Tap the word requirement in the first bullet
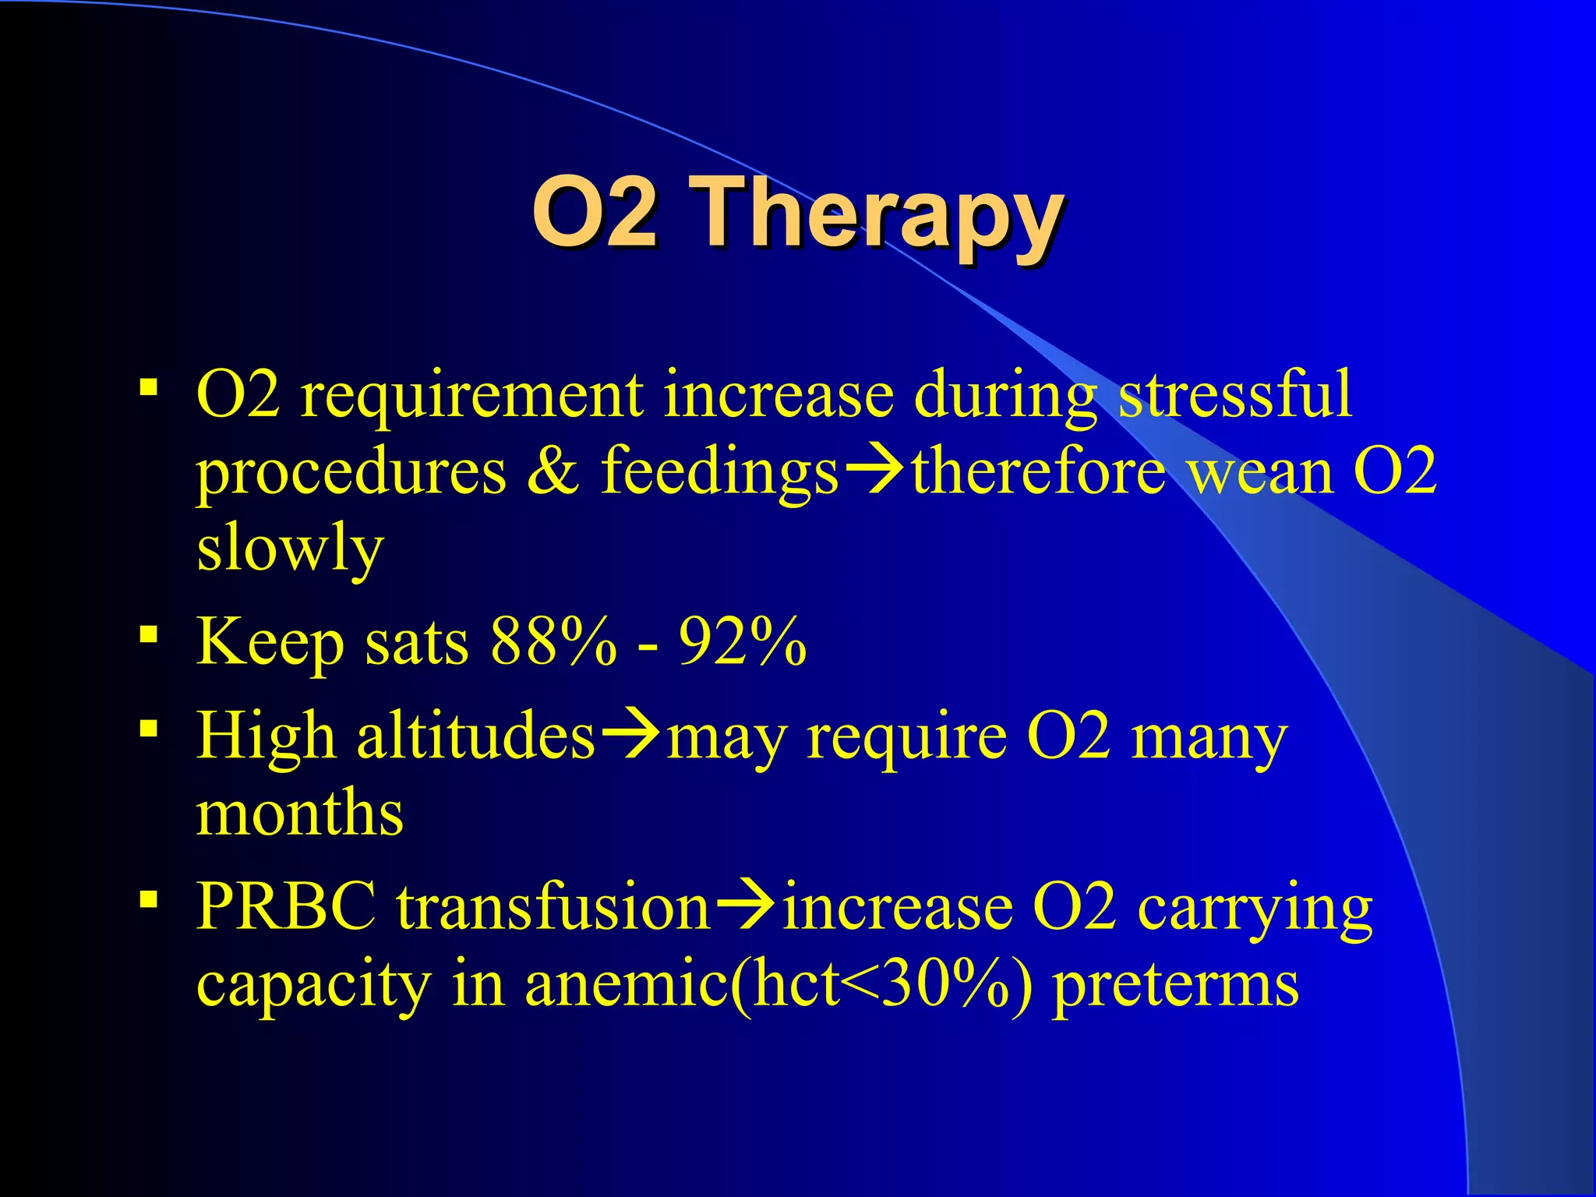[471, 395]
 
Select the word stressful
[1235, 395]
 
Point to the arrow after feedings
[874, 472]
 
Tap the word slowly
[290, 548]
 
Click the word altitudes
[475, 736]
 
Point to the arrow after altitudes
[630, 736]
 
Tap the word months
[299, 813]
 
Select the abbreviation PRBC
[285, 907]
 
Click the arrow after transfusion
[745, 907]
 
